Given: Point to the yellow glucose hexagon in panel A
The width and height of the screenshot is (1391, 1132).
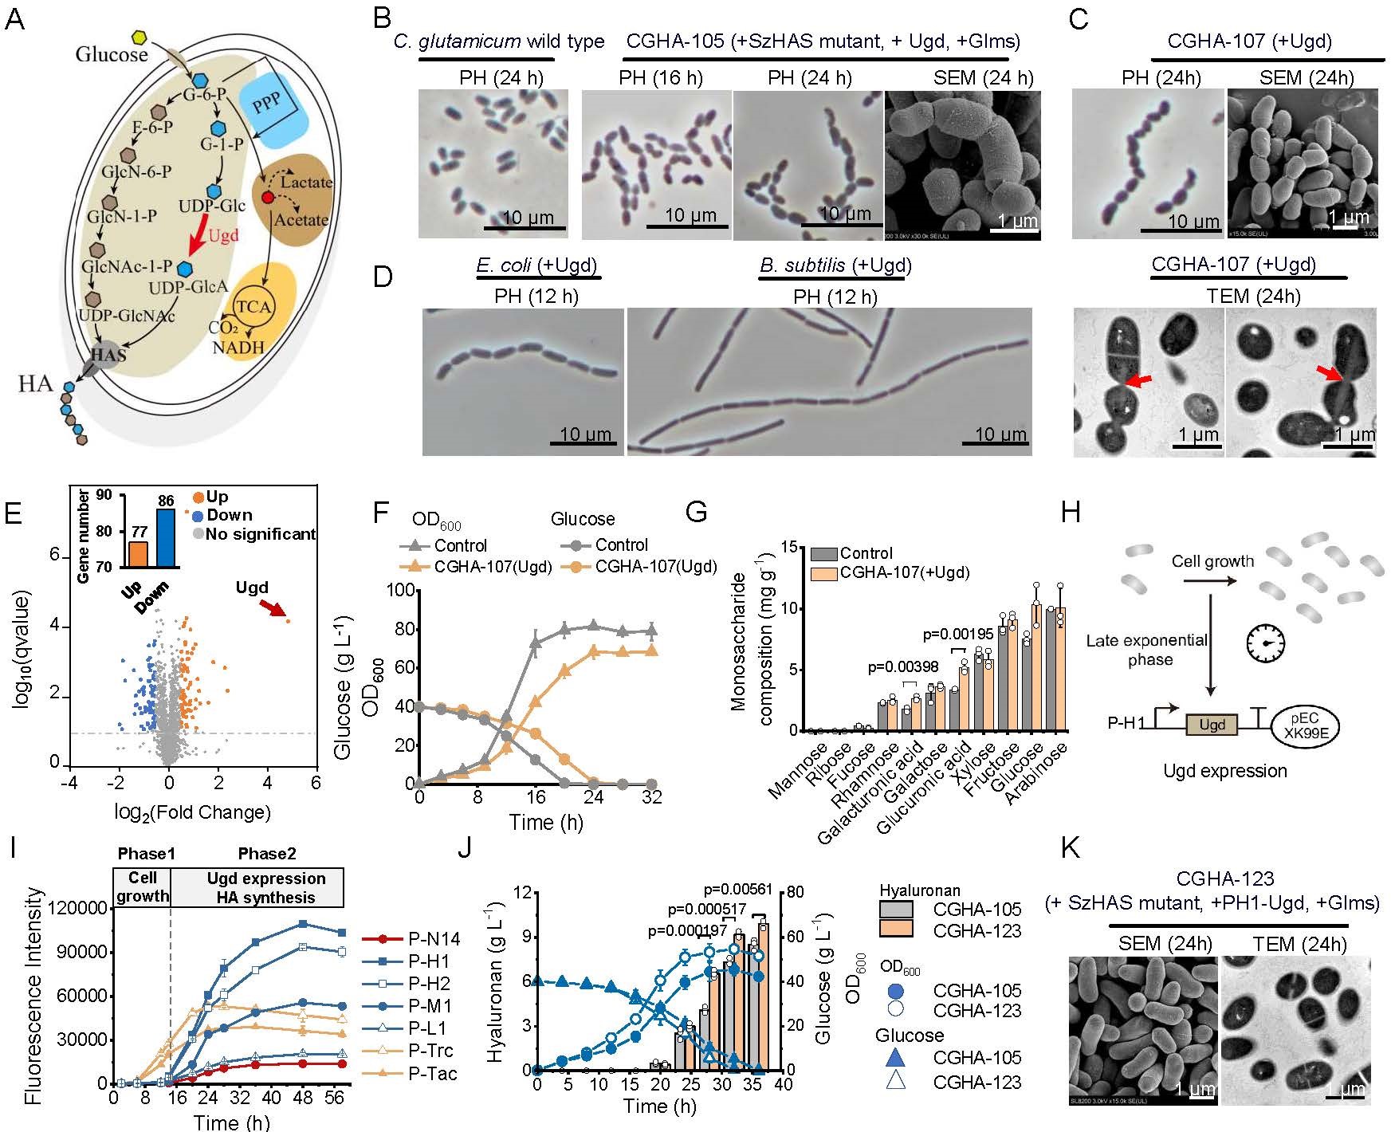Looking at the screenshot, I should click(x=139, y=37).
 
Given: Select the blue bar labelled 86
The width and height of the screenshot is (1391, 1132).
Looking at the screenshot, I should click(x=166, y=537).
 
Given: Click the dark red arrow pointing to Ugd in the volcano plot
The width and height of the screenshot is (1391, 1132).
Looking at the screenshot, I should click(x=273, y=609).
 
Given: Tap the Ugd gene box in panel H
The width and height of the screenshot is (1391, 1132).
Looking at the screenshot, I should click(x=1212, y=725).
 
